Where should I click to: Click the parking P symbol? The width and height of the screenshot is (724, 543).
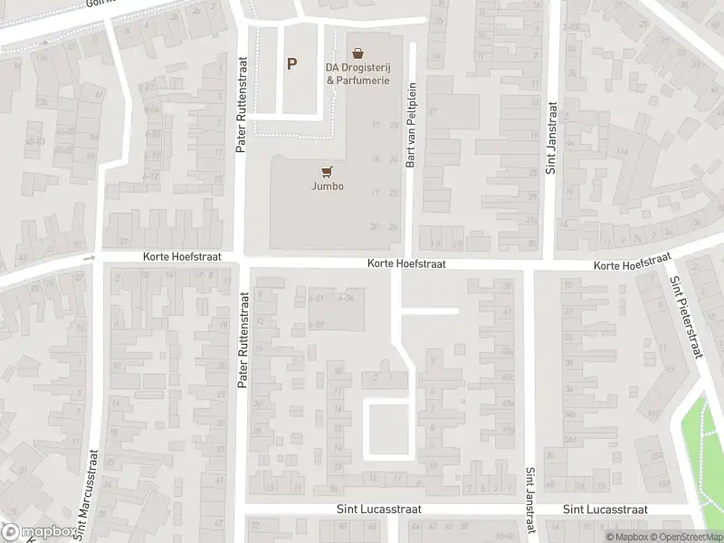click(x=291, y=64)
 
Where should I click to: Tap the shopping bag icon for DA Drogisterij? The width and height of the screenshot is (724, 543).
click(x=358, y=53)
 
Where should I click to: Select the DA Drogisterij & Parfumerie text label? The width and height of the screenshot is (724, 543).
click(x=358, y=73)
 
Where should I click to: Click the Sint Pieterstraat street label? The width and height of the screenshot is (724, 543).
click(x=685, y=317)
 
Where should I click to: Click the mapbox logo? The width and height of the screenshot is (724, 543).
click(x=38, y=532)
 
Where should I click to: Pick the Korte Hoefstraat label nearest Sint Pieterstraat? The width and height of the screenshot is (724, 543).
click(x=630, y=264)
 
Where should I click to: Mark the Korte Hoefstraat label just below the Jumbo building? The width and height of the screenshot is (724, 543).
click(x=406, y=263)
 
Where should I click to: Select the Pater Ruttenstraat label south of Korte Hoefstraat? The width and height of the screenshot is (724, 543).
click(x=243, y=340)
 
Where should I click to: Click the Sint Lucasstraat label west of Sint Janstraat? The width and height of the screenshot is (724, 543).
click(x=378, y=510)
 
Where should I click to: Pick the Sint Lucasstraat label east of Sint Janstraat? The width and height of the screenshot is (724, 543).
click(x=605, y=510)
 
